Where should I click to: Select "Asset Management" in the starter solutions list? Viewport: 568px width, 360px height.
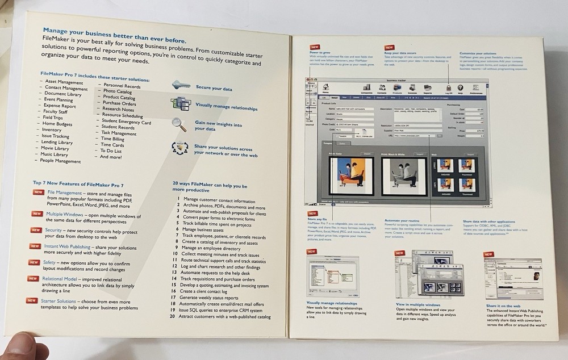[x=64, y=82]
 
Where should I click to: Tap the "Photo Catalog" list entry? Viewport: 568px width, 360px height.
[x=118, y=91]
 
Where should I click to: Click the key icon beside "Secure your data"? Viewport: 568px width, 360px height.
[x=181, y=85]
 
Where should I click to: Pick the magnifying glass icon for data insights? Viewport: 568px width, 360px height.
[x=179, y=124]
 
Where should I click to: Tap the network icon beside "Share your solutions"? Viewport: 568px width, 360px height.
[x=180, y=148]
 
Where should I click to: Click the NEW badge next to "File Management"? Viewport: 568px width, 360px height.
[x=39, y=192]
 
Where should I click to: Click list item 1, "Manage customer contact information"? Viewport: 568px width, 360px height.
[x=219, y=200]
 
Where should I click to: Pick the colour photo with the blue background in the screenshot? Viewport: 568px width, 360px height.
[x=351, y=174]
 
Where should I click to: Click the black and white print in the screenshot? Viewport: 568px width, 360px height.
[x=404, y=175]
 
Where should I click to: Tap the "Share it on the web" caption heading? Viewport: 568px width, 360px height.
[x=506, y=305]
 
